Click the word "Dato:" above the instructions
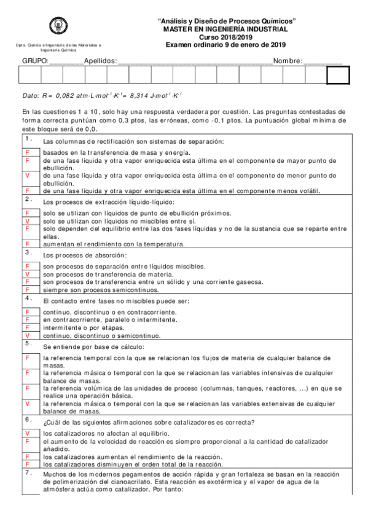pos(30,96)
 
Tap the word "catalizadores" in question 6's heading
pos(186,421)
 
